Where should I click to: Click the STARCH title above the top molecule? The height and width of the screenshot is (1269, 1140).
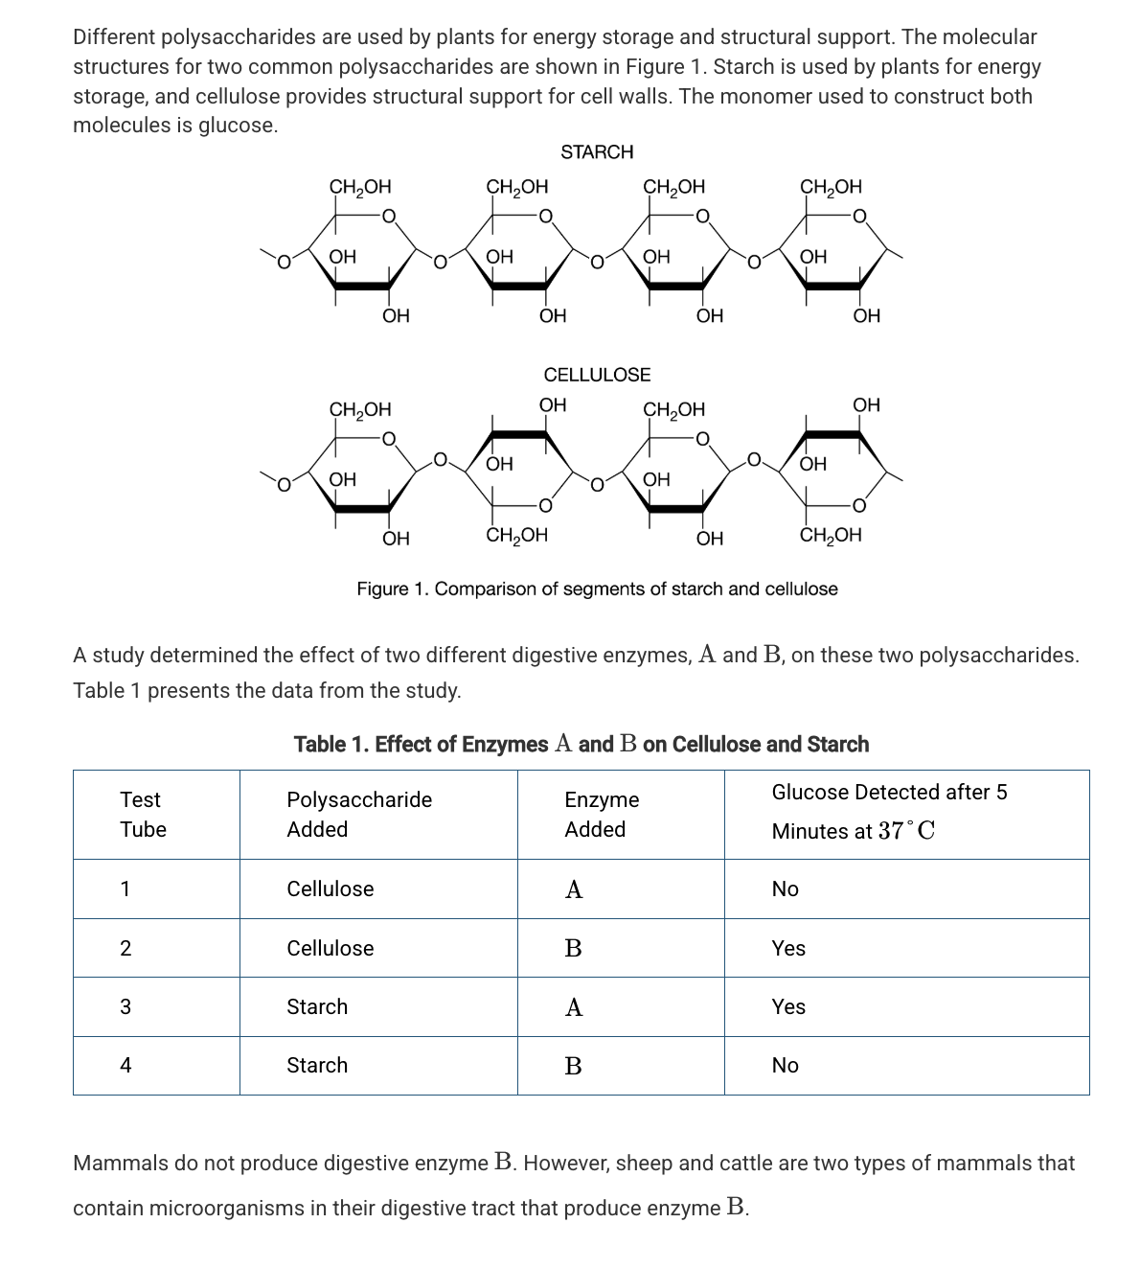597,151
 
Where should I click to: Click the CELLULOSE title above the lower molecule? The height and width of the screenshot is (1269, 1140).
597,374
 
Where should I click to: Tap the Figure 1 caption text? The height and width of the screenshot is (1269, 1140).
597,588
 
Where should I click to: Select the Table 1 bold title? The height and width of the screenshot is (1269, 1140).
581,745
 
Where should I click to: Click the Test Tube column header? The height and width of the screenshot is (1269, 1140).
142,814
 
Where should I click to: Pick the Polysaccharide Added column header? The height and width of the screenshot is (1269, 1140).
359,814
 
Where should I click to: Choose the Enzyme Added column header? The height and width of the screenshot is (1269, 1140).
601,814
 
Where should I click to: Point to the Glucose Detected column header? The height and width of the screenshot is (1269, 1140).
889,811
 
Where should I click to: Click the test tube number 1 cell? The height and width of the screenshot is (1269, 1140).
125,888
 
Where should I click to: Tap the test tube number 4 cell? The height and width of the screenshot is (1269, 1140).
125,1065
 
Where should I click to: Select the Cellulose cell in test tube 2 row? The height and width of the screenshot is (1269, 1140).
331,948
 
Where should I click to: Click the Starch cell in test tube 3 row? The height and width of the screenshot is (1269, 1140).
317,1006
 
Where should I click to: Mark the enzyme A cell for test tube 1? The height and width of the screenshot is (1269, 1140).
573,889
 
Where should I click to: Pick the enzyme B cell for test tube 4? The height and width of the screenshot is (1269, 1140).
573,1066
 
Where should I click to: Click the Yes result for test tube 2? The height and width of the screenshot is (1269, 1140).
788,948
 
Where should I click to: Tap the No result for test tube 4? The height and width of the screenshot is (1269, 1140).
785,1065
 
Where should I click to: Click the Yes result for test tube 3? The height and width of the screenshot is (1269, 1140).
788,1006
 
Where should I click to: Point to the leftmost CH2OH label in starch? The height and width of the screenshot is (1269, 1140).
360,186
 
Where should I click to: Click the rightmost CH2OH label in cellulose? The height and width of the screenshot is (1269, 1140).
831,535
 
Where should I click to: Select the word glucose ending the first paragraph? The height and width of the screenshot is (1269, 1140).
237,126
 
